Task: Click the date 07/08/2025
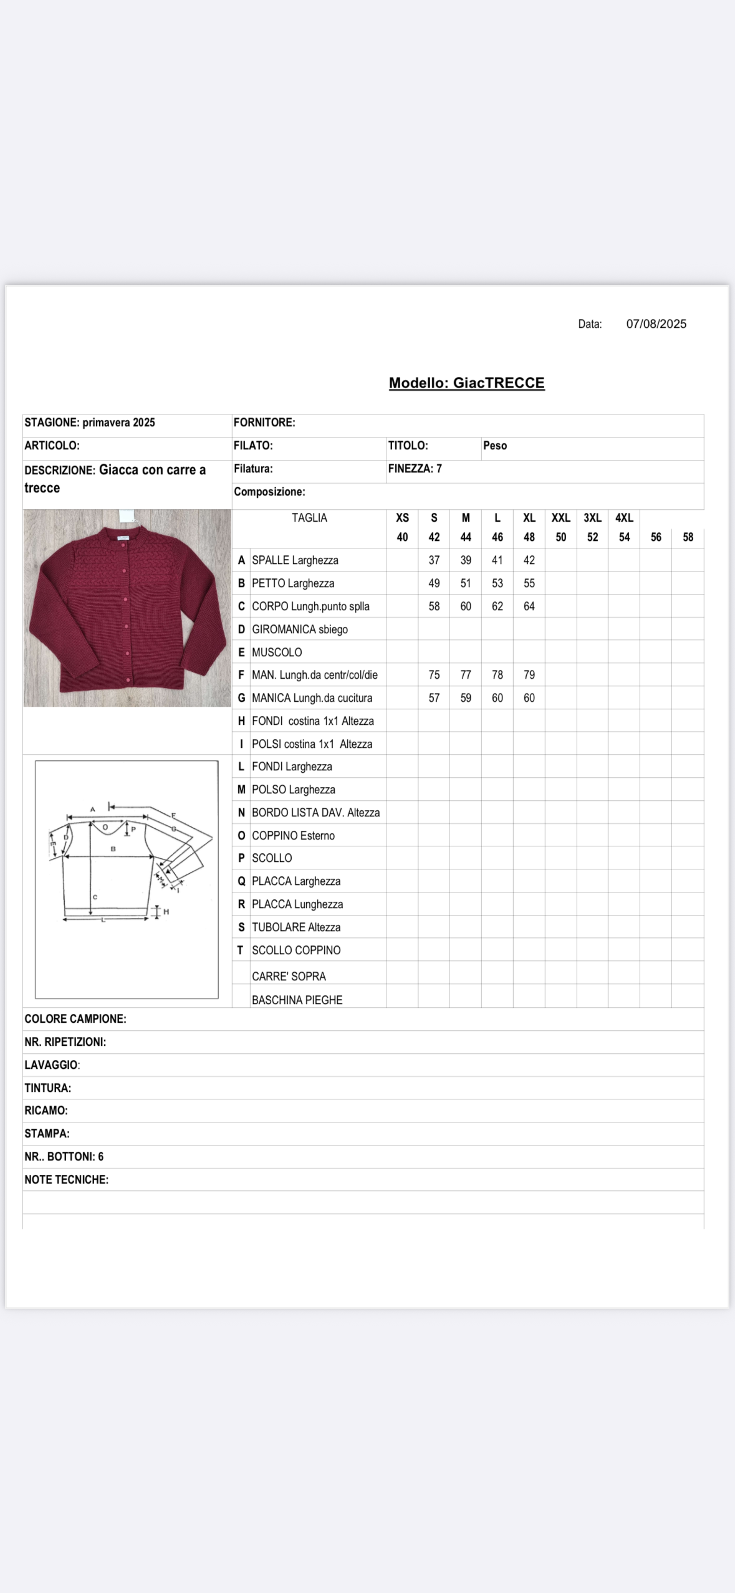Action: [x=656, y=324]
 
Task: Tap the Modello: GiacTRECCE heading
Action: [x=466, y=383]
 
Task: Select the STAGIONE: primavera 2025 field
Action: [x=90, y=423]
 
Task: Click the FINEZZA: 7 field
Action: [x=415, y=469]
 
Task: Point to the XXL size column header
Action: [x=560, y=518]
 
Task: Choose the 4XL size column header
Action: [x=624, y=518]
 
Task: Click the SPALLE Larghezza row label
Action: [x=295, y=560]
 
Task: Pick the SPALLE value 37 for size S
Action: [x=434, y=560]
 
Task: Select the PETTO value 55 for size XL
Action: [x=529, y=583]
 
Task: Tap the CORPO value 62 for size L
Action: [x=497, y=606]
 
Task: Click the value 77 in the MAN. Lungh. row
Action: [x=466, y=675]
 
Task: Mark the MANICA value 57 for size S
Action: [x=434, y=698]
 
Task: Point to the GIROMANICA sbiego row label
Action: [x=299, y=629]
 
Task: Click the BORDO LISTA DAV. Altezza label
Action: [x=315, y=813]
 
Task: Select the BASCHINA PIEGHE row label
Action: [x=297, y=1000]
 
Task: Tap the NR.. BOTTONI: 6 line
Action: [x=64, y=1157]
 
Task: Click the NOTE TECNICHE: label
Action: [x=67, y=1180]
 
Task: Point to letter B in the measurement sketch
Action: [x=113, y=848]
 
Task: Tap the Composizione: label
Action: [x=269, y=492]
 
